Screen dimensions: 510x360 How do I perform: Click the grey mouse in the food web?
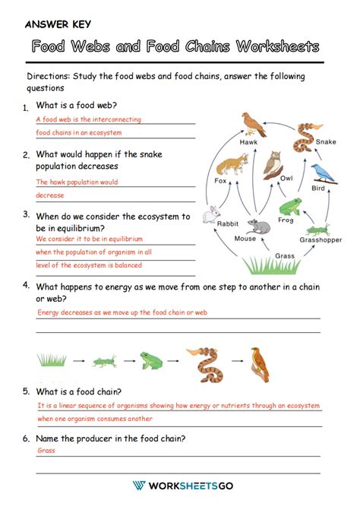(x=258, y=226)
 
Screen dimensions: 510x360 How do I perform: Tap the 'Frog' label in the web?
(x=285, y=220)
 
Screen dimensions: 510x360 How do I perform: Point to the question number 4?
(x=26, y=285)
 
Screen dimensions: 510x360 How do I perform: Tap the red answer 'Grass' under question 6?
(x=46, y=450)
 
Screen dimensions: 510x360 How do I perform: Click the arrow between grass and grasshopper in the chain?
(x=79, y=357)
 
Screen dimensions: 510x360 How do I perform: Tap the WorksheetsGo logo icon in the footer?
(x=139, y=486)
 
